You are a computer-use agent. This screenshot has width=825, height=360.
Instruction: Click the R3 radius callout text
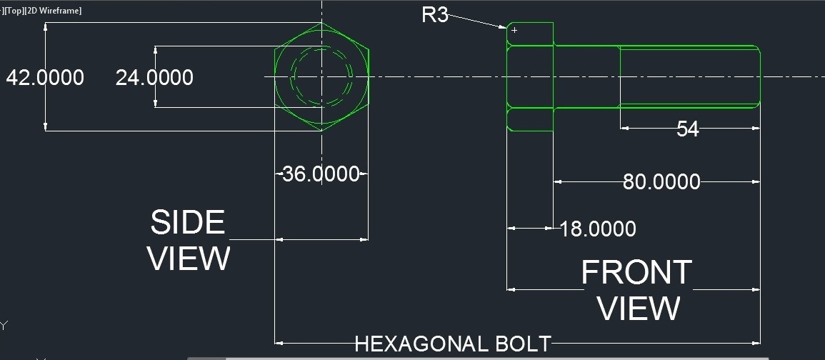click(x=435, y=14)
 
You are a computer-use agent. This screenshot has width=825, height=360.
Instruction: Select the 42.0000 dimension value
click(x=45, y=77)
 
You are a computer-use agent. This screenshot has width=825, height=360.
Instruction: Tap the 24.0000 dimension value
click(x=154, y=77)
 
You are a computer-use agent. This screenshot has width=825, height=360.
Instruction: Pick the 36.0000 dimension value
click(x=321, y=174)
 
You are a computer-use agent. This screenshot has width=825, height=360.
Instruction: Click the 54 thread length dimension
click(x=687, y=129)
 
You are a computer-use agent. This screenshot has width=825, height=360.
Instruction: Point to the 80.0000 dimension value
click(x=661, y=181)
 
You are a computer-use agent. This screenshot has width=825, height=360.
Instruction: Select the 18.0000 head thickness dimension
click(x=598, y=229)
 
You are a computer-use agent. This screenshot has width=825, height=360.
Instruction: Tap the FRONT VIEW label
click(x=637, y=290)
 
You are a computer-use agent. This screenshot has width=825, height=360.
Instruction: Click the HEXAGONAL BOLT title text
click(x=453, y=344)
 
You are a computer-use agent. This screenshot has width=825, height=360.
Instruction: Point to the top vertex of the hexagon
click(x=321, y=23)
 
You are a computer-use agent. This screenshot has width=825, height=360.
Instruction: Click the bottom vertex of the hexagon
click(x=321, y=131)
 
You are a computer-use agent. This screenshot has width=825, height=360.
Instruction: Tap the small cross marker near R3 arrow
click(x=514, y=30)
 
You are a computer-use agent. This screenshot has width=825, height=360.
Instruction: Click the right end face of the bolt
click(x=760, y=77)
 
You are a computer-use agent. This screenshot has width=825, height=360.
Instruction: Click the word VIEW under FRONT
click(x=638, y=309)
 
